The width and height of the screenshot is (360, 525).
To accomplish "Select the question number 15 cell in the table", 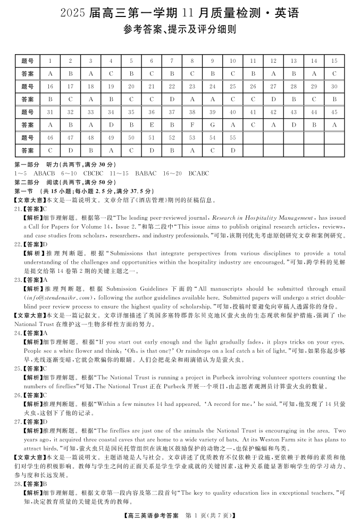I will pos(334,61).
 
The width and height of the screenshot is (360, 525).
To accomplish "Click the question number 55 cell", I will pos(232,138).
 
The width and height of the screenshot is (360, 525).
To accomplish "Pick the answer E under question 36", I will pos(152,125).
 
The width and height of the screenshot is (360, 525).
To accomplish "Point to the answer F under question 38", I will pos(192,125).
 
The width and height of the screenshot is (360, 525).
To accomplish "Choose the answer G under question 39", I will pos(212,125).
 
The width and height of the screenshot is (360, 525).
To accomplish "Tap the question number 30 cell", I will pos(334,87).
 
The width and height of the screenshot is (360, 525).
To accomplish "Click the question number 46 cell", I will pos(50,138).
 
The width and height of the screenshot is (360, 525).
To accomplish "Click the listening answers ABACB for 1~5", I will pos(44,173).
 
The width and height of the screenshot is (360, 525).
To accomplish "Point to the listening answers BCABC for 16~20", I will pos(198,173).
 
